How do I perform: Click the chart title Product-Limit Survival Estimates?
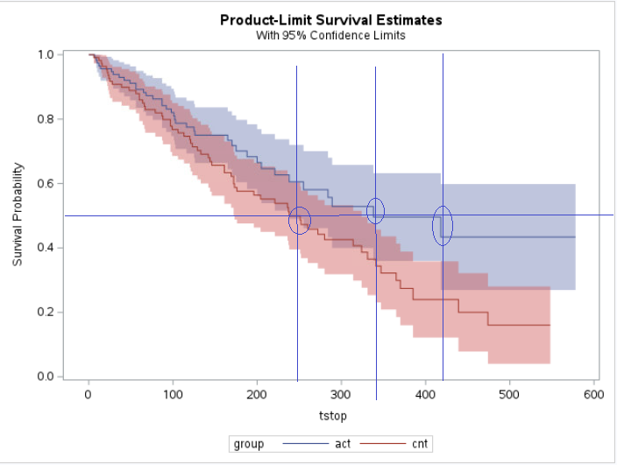pos(331,19)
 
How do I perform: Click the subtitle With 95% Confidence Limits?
pos(331,35)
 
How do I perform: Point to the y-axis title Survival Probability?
pos(18,215)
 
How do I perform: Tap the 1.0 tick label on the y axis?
pos(46,54)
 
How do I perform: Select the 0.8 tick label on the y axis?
pos(46,119)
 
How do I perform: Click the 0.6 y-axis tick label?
pos(46,183)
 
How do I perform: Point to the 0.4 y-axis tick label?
pos(46,248)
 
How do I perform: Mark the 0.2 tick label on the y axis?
pos(46,312)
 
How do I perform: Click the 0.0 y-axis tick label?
pos(46,377)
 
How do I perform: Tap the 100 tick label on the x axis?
pos(173,395)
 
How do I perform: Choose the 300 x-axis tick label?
pos(341,395)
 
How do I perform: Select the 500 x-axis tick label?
pos(509,395)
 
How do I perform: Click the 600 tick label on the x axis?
pos(593,395)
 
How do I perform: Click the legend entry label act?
pos(344,445)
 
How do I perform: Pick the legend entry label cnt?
pos(420,445)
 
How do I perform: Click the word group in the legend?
pos(249,445)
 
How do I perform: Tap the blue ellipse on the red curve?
pos(300,221)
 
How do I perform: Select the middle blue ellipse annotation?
pos(375,210)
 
